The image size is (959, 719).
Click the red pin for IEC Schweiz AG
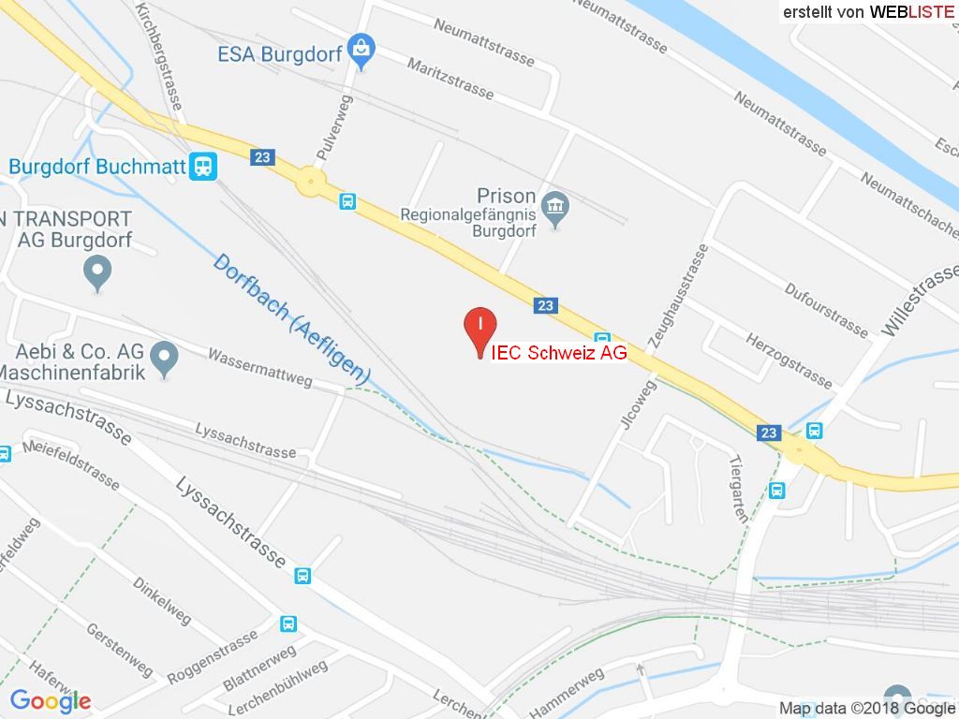479,328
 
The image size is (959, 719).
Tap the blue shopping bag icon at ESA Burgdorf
360,46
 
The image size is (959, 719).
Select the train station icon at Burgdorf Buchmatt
201,167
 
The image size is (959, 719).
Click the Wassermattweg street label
259,368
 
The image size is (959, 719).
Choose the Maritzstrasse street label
450,78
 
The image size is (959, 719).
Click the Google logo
50,700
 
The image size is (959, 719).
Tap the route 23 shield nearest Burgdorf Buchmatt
263,157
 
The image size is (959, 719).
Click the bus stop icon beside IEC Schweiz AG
602,339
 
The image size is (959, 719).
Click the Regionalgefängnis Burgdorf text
467,221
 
